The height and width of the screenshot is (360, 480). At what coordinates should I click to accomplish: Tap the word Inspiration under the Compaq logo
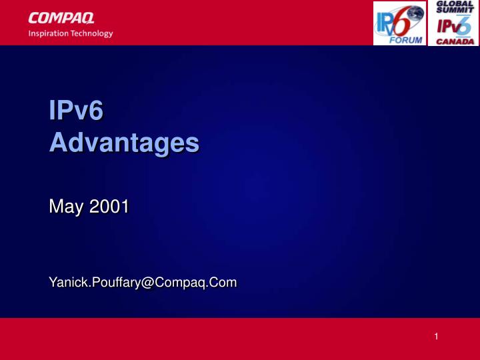pos(51,33)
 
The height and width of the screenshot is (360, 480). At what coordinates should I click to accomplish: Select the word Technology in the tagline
pos(93,34)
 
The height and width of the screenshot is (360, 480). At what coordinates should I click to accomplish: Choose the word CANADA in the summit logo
pos(455,41)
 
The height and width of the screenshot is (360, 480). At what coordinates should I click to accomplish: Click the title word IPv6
pos(77,111)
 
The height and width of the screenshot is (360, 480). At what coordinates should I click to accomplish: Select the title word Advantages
pos(124,142)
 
